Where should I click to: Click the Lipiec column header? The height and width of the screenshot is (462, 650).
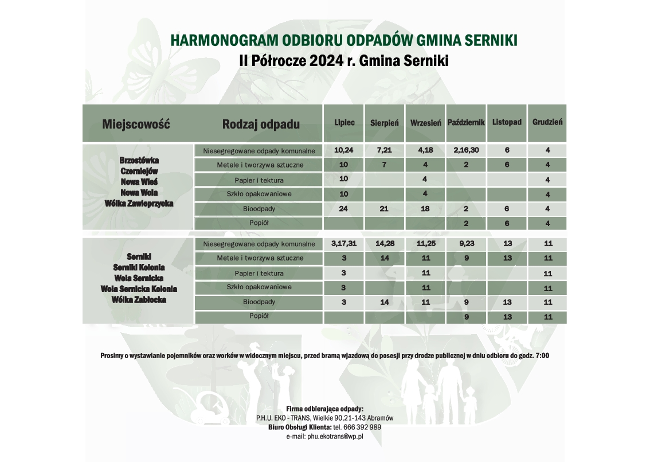click(344, 122)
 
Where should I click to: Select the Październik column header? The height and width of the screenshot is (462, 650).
click(466, 123)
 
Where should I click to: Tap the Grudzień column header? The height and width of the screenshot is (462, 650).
click(547, 122)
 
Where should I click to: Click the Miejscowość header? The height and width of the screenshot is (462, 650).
click(136, 124)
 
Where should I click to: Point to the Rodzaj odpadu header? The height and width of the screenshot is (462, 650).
click(261, 124)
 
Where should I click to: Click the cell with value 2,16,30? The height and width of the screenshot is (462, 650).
click(465, 150)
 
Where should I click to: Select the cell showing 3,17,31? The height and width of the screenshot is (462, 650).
click(344, 243)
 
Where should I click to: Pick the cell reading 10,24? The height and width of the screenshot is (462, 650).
click(344, 150)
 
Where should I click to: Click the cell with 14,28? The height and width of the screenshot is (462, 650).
click(384, 243)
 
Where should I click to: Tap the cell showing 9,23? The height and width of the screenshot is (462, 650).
click(465, 243)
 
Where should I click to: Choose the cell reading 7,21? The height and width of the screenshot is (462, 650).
click(384, 150)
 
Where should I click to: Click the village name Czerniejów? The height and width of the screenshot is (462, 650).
click(139, 170)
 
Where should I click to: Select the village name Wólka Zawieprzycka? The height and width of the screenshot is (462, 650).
click(139, 203)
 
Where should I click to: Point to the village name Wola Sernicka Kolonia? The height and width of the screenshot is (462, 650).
click(139, 289)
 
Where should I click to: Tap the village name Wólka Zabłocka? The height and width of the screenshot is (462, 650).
click(139, 300)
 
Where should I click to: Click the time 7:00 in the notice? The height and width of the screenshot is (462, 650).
click(542, 356)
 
